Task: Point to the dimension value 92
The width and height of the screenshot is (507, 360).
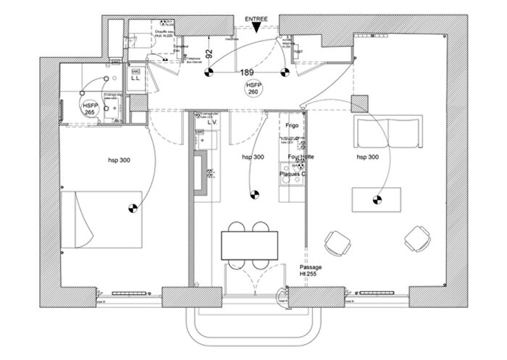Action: tap(209, 53)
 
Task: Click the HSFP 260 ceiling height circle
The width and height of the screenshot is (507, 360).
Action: tap(253, 89)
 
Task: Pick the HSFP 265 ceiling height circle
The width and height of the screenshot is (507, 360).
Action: tap(90, 109)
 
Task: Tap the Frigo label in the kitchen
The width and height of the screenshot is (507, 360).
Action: tap(293, 125)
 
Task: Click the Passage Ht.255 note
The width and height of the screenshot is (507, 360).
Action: tap(311, 271)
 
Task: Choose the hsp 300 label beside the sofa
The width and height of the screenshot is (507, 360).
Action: tap(368, 156)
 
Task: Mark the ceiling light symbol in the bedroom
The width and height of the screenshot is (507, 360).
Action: tap(133, 209)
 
